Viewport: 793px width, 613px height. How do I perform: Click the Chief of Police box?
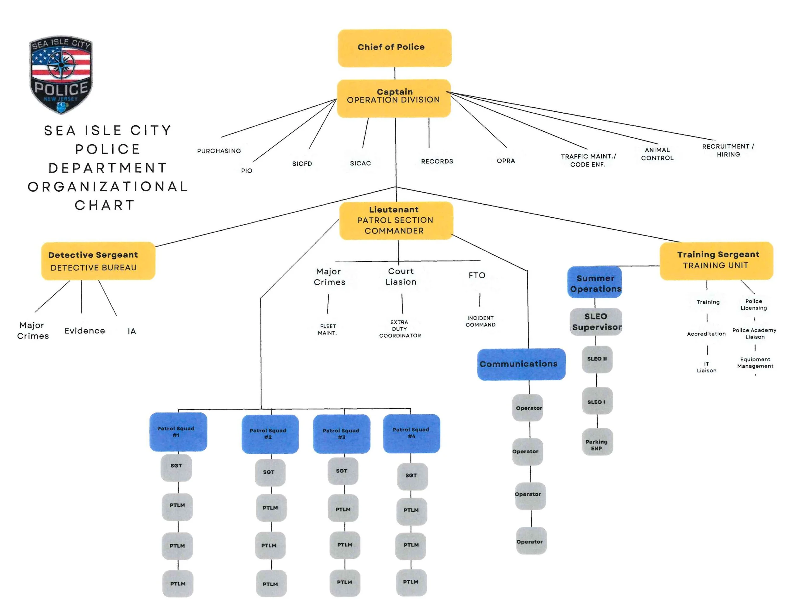pos(394,48)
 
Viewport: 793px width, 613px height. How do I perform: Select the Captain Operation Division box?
pos(394,98)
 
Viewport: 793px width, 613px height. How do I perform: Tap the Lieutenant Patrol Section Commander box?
pos(396,221)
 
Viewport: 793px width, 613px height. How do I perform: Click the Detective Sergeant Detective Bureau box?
pos(98,261)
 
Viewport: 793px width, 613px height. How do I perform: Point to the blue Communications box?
pos(521,364)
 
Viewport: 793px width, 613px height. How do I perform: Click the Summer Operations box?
pos(594,282)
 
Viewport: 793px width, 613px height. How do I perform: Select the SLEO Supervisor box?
pos(595,322)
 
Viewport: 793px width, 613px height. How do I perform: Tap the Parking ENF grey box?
pos(597,442)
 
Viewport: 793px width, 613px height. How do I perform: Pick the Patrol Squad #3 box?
pos(341,434)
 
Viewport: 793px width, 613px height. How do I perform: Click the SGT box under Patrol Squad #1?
pos(176,467)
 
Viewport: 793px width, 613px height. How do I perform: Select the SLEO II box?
pos(597,359)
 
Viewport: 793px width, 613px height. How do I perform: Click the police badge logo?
pos(61,75)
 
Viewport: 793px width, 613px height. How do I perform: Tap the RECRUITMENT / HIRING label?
pos(728,150)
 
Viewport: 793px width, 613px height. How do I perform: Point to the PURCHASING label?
pos(219,151)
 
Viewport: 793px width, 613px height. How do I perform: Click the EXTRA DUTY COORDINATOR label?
pos(400,329)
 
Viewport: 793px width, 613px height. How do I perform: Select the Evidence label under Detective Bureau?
pos(85,331)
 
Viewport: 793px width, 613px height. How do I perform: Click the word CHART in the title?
pos(105,206)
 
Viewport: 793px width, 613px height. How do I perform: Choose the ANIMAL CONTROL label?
pos(657,154)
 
